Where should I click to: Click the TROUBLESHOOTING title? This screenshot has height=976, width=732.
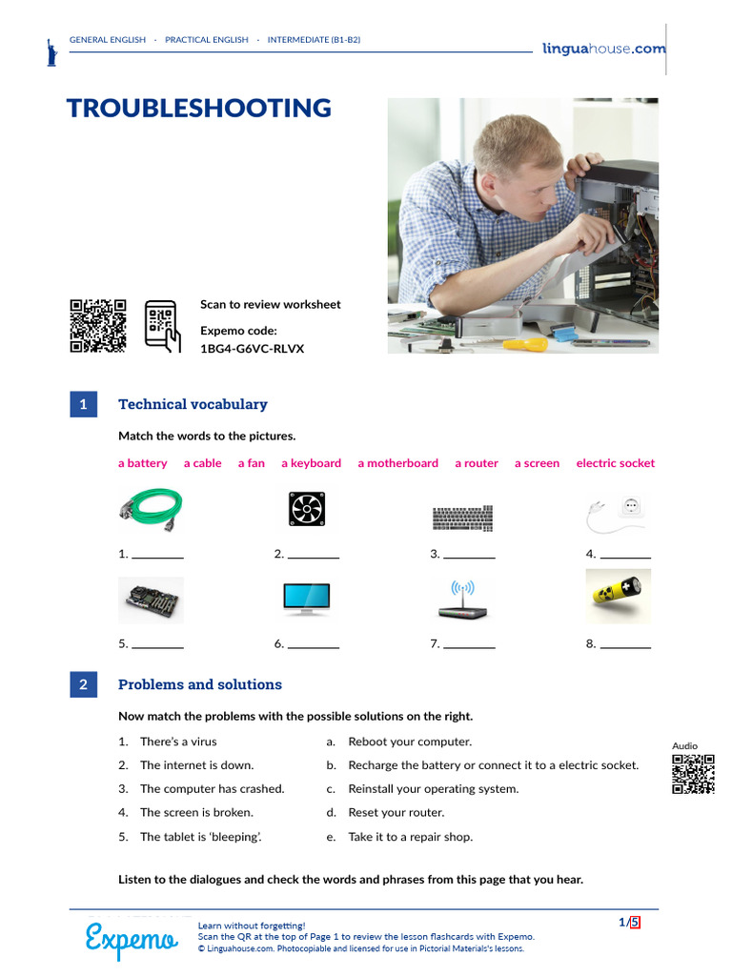pyautogui.click(x=198, y=108)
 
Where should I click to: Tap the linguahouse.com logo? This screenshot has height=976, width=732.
pyautogui.click(x=603, y=49)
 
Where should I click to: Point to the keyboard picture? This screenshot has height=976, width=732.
pyautogui.click(x=463, y=518)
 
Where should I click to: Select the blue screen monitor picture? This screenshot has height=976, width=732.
pyautogui.click(x=307, y=599)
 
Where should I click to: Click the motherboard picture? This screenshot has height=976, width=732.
pyautogui.click(x=151, y=600)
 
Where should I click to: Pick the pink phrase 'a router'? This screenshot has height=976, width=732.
pyautogui.click(x=476, y=463)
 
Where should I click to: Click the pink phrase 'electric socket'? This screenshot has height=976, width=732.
pyautogui.click(x=615, y=463)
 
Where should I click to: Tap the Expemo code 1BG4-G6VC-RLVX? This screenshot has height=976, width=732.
pyautogui.click(x=252, y=349)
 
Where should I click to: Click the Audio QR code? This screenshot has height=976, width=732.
pyautogui.click(x=693, y=774)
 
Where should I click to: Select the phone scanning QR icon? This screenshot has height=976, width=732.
pyautogui.click(x=162, y=326)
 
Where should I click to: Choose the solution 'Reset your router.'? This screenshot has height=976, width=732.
pyautogui.click(x=396, y=813)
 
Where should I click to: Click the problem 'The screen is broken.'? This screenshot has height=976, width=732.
pyautogui.click(x=196, y=813)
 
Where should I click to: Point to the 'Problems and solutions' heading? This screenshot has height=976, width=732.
pyautogui.click(x=200, y=684)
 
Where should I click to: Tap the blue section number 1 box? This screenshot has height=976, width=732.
pyautogui.click(x=83, y=404)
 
